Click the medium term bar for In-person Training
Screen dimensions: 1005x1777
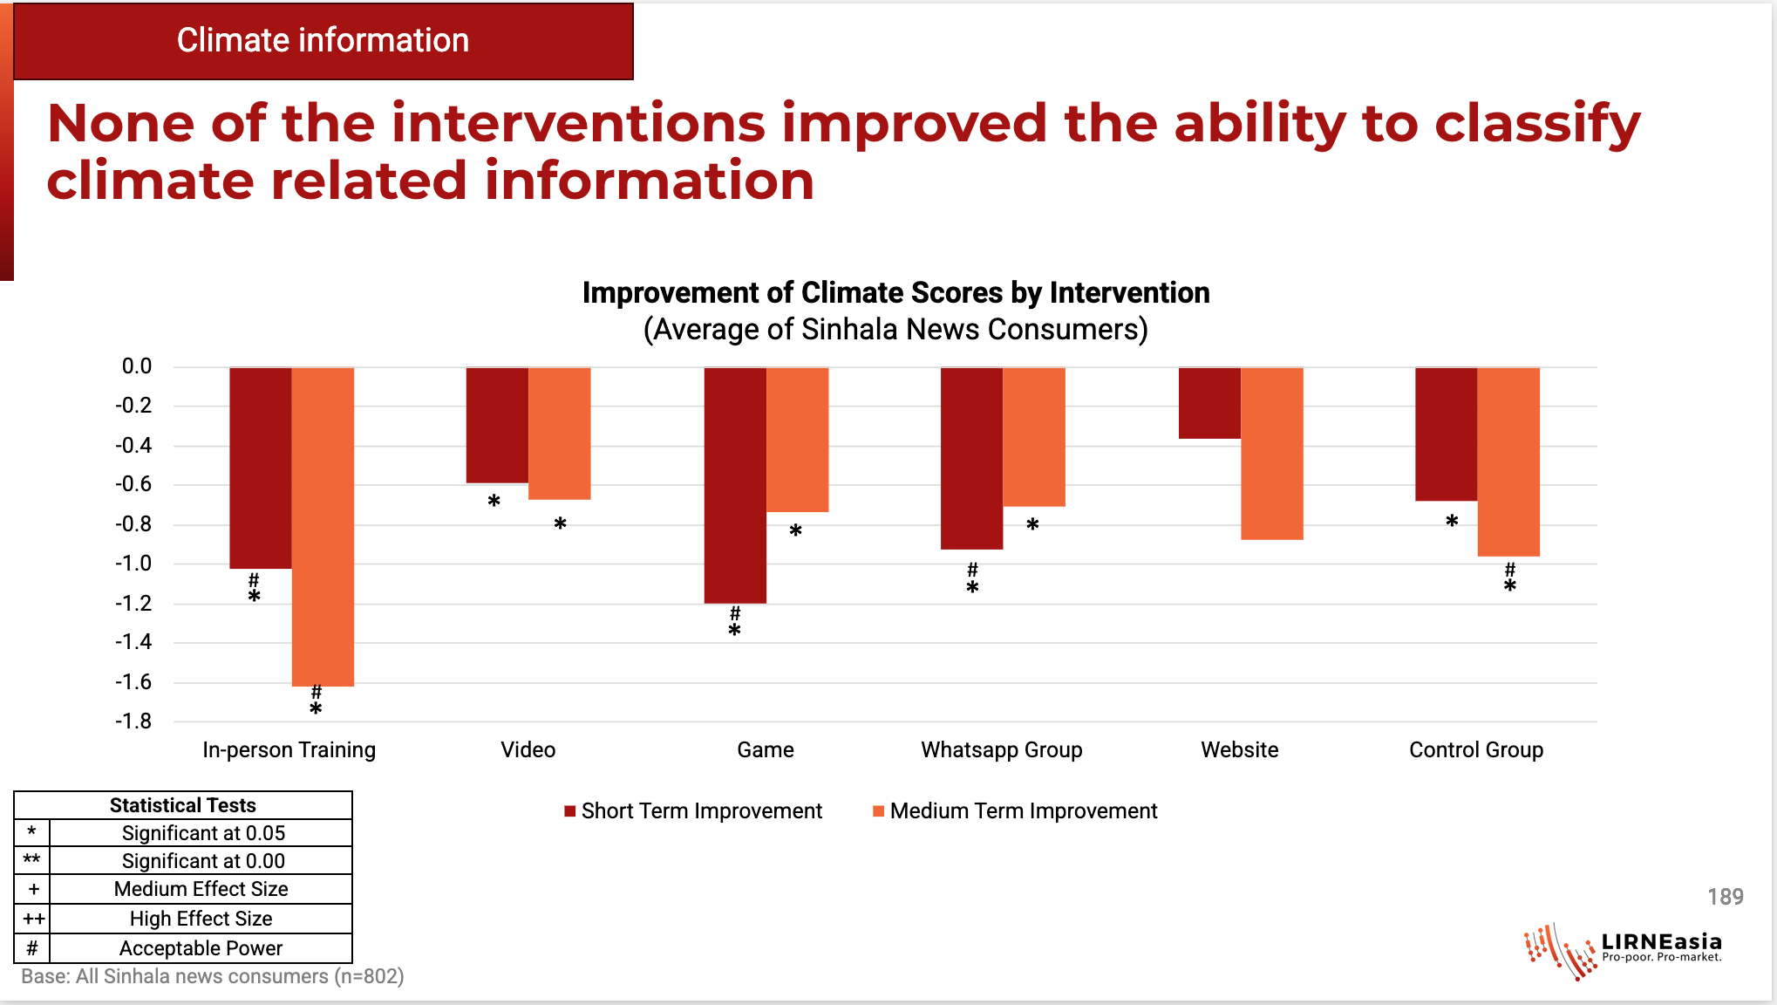pos(323,526)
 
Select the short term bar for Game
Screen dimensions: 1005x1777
pos(735,485)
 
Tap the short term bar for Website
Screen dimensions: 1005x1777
pos(1209,403)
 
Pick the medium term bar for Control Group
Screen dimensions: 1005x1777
pos(1508,461)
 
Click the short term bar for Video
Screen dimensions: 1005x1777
pos(497,425)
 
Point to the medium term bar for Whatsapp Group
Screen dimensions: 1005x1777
pos(1034,436)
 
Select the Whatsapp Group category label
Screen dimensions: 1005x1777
pos(1002,750)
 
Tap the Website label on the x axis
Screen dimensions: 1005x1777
pos(1239,750)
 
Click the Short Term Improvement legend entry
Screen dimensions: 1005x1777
pos(693,811)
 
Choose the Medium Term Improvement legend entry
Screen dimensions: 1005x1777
pos(1015,811)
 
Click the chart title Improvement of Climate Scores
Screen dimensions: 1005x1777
pos(895,293)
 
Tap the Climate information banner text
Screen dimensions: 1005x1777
pos(323,41)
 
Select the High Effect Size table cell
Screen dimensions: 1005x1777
pos(201,919)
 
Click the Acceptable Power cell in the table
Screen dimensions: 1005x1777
pos(201,948)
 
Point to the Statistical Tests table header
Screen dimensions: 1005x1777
pos(183,805)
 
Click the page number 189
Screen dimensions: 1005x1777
pos(1725,897)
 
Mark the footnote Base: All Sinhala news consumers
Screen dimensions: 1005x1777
pos(212,977)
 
